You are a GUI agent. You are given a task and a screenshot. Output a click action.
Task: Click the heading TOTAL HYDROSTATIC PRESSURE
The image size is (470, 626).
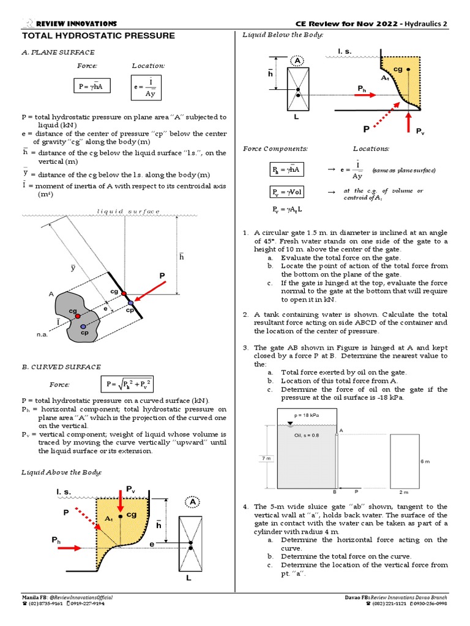(98, 36)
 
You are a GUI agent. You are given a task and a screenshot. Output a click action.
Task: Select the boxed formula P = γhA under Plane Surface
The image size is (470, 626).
(90, 87)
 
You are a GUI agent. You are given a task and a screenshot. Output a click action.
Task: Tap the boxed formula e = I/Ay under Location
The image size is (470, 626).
(146, 87)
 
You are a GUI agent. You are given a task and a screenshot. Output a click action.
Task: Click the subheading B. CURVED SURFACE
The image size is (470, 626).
(61, 367)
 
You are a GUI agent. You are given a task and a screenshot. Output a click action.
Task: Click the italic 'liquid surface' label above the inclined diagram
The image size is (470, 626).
(129, 212)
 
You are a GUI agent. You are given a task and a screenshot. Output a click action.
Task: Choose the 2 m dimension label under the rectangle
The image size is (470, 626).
(404, 492)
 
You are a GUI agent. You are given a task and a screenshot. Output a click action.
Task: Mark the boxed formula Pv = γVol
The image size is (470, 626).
(288, 192)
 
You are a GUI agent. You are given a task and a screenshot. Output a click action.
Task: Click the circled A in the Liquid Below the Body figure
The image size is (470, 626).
(297, 61)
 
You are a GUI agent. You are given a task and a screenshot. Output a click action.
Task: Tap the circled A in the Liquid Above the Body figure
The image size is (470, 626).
(193, 502)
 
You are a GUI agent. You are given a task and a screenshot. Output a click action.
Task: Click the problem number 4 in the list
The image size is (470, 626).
(245, 507)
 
